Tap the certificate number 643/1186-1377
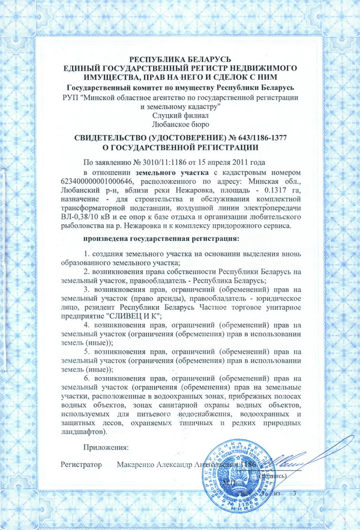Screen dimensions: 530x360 [x=253, y=138]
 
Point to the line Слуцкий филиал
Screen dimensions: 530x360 [x=180, y=115]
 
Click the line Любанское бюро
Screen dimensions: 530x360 [x=180, y=124]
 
